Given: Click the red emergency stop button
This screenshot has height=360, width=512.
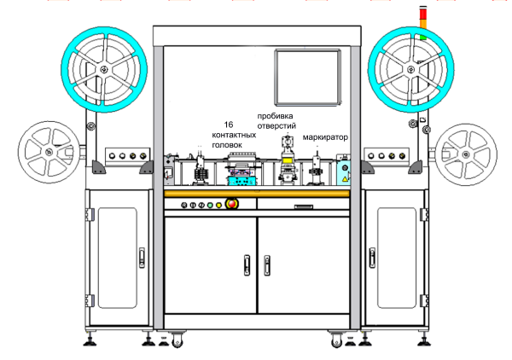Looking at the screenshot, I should (x=230, y=204).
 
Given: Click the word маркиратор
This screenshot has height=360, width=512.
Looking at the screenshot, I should (x=321, y=136).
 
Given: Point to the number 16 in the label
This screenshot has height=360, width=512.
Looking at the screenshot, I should (x=228, y=125).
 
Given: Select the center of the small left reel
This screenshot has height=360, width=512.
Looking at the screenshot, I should (x=49, y=151).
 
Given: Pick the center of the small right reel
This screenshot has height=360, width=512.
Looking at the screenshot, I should (x=464, y=151).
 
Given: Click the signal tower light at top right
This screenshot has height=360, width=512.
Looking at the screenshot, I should (x=422, y=22).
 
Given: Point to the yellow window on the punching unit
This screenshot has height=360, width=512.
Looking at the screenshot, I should (x=288, y=163).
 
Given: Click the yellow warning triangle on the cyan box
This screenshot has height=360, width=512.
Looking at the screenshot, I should (x=345, y=171).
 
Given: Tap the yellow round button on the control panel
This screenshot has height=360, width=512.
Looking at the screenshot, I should (x=219, y=205).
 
